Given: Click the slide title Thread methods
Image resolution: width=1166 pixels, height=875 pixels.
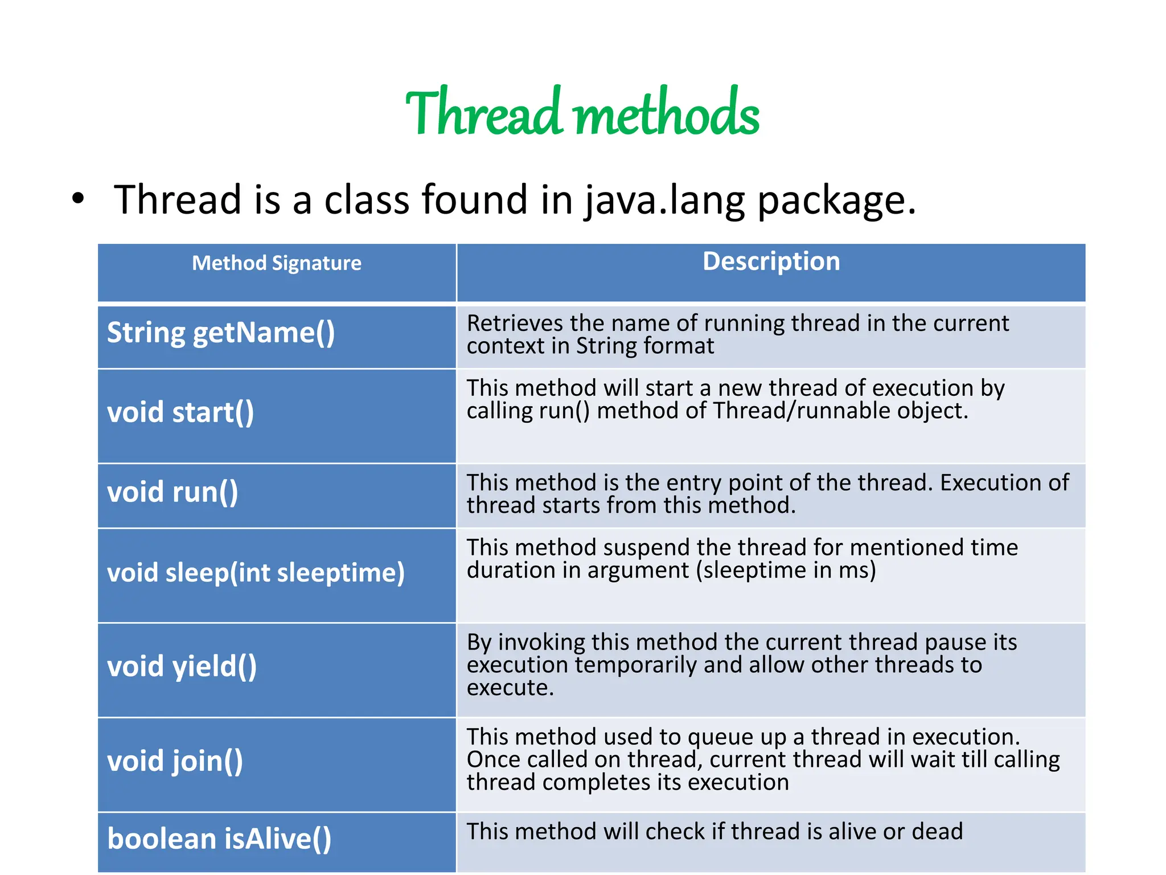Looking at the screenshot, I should coord(582,113).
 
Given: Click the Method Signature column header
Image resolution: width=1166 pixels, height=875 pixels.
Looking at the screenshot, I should coord(277,263).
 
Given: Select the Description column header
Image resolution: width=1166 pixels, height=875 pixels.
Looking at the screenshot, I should coord(771,261).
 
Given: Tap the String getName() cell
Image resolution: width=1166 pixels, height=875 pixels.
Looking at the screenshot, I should coord(221,333).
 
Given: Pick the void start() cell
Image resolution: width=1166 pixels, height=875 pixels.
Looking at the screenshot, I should coord(180,412).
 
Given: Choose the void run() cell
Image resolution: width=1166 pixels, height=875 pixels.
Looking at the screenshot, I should coord(173,492).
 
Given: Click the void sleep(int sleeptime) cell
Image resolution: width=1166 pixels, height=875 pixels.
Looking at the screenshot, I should coord(256,573).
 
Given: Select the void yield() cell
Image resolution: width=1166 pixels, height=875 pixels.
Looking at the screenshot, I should coord(182,667).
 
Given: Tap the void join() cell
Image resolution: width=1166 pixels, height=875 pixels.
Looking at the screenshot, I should coord(175,761).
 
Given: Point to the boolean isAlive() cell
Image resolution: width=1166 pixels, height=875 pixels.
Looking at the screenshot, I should coord(219,839).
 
